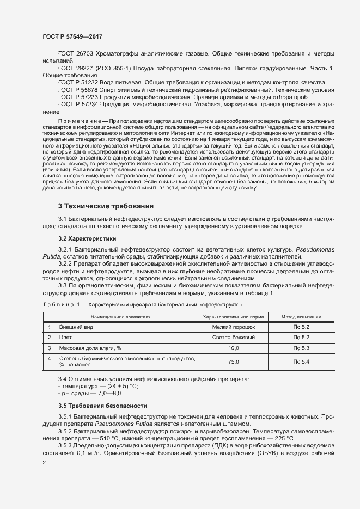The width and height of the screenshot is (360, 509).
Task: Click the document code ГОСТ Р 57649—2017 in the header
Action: click(72, 36)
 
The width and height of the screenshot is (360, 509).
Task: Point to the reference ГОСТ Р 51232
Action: click(78, 82)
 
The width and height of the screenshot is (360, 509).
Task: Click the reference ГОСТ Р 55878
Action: click(78, 89)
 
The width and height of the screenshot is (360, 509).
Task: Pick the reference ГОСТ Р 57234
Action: click(78, 103)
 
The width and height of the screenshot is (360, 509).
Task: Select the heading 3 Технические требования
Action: click(106, 206)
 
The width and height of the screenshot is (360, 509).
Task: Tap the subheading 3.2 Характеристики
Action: click(87, 238)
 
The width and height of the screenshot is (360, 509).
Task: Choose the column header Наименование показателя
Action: click(121, 316)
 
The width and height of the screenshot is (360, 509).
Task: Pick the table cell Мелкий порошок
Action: click(234, 327)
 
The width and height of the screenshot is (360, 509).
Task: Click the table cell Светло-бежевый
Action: click(234, 338)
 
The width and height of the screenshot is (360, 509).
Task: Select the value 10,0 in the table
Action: click(234, 348)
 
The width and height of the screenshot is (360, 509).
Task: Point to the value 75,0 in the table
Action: click(234, 361)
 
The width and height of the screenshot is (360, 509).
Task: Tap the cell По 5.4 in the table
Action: click(301, 361)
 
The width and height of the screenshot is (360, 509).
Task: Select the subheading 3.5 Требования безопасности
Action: click(102, 406)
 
